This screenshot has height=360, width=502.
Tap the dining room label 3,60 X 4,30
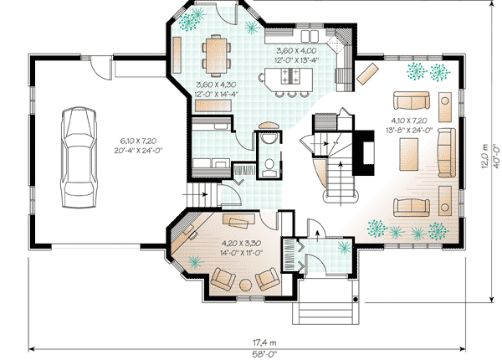coord(216,85)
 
